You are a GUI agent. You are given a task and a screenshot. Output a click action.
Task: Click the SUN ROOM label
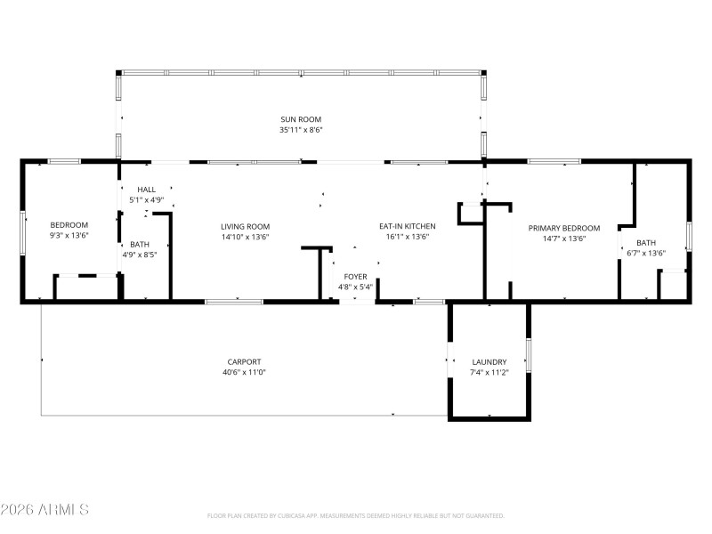pos(301,119)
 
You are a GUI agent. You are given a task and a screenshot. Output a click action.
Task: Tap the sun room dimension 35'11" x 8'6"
pos(301,130)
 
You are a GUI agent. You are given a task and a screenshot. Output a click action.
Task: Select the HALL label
pos(146,190)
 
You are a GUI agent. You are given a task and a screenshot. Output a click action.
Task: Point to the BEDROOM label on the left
pos(69,225)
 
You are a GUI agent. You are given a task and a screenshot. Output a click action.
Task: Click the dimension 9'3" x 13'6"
pos(69,237)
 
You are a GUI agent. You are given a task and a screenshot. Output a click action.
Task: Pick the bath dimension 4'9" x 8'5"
pos(140,255)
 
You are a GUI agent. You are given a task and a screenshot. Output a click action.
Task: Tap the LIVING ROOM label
pos(245,227)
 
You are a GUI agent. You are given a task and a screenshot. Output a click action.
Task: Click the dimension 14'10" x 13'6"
pos(245,238)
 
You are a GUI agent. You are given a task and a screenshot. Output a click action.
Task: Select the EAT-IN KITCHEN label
pos(408,227)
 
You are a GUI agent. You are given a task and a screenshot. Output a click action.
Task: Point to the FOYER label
pos(355,277)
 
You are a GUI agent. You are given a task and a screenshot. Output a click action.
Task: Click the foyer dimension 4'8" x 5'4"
pos(355,287)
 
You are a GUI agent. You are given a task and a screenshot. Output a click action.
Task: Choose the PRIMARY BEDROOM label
pos(564,228)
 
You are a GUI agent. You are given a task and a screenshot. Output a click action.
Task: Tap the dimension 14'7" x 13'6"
pos(564,239)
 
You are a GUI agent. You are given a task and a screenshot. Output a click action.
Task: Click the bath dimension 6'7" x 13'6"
pos(646,254)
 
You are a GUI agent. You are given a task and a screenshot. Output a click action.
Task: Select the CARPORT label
pos(244,361)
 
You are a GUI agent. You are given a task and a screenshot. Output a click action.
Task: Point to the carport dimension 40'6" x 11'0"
pos(244,372)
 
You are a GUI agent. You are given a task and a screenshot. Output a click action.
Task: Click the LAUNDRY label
pos(489,362)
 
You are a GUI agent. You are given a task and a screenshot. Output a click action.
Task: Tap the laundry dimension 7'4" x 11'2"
pos(489,373)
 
